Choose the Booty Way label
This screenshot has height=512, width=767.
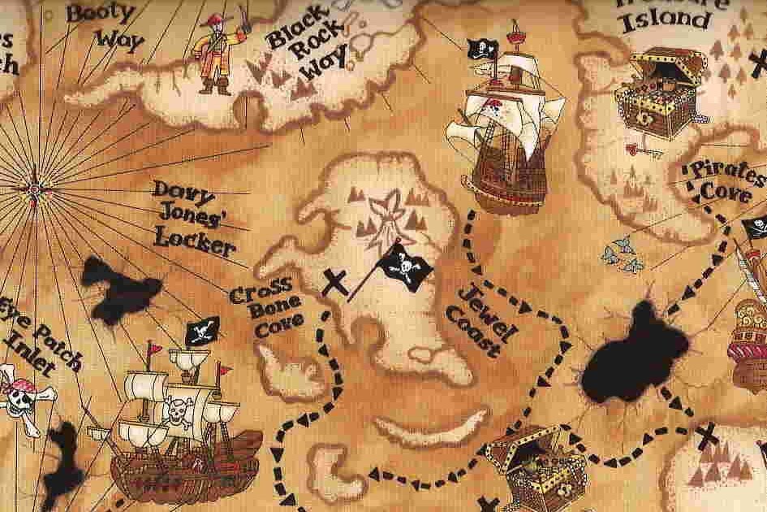click(x=104, y=24)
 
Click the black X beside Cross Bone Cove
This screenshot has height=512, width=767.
click(x=334, y=284)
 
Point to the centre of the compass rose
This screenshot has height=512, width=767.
click(x=34, y=189)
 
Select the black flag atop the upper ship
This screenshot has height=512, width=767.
click(x=478, y=50)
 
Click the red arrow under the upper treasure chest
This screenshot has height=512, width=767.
click(x=646, y=149)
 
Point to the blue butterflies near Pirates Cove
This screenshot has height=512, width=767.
click(x=623, y=254)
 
